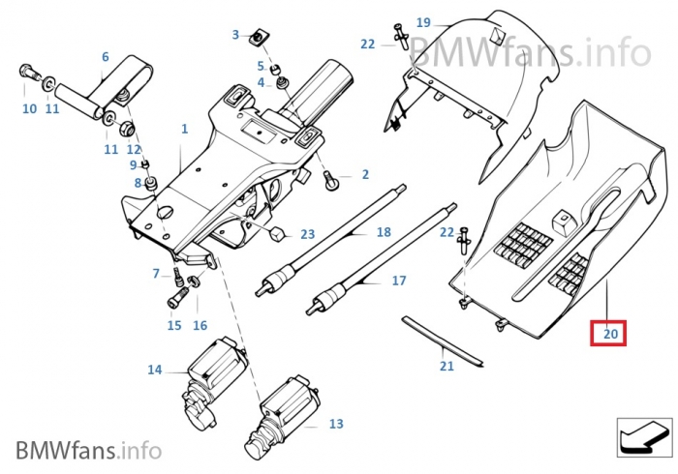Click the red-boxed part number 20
click(610, 334)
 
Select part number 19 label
click(423, 22)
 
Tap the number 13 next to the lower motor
click(336, 425)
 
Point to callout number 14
click(155, 370)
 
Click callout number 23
click(308, 235)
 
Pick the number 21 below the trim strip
click(447, 366)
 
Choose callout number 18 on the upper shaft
click(384, 232)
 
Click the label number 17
click(399, 281)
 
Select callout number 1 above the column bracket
click(184, 129)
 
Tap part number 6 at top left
click(106, 57)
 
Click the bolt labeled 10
click(26, 73)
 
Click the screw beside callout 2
click(331, 177)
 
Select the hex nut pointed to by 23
click(277, 234)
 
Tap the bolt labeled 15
click(176, 296)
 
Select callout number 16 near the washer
click(200, 325)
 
